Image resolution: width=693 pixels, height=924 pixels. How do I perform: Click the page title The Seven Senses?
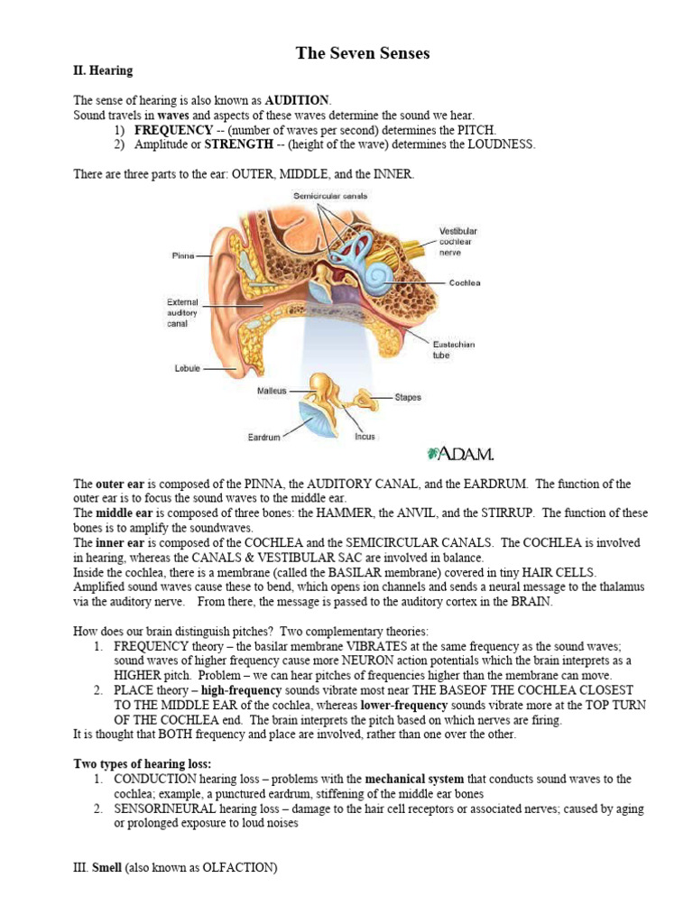(x=363, y=53)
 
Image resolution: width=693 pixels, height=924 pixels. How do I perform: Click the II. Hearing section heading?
(x=102, y=70)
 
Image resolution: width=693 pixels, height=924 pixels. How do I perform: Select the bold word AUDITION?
(x=298, y=100)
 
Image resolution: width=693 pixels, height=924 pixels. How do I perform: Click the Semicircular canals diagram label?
(x=329, y=196)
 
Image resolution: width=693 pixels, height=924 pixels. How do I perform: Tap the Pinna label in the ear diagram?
(x=183, y=256)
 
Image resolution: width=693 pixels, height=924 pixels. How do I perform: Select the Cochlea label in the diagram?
(x=465, y=282)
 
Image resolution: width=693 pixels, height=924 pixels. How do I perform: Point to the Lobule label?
(x=185, y=368)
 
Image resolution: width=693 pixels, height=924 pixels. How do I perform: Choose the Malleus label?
(x=272, y=391)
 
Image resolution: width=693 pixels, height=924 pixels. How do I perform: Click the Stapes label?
(x=407, y=397)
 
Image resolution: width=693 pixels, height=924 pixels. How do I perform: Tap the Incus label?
(x=365, y=437)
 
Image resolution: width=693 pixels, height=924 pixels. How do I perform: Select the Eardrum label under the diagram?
(x=263, y=438)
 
